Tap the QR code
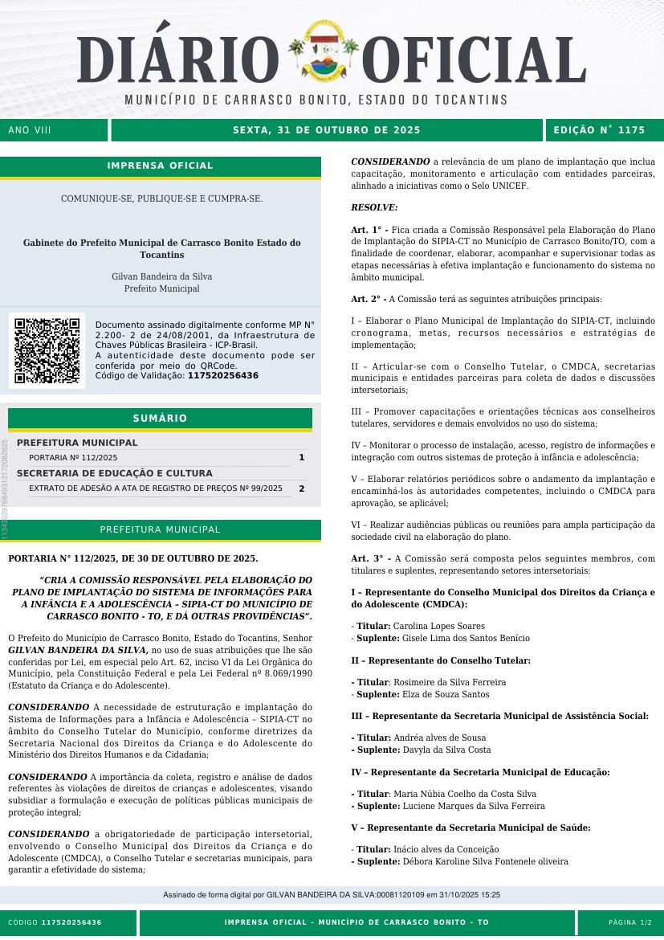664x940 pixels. [x=47, y=350]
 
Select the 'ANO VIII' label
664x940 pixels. [x=30, y=130]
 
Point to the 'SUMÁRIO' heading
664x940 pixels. [x=160, y=419]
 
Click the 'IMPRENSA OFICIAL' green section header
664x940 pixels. [x=161, y=166]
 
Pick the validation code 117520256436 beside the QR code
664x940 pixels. [x=222, y=375]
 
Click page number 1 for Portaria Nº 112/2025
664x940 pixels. [x=301, y=457]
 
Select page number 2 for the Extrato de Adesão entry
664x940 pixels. [x=301, y=488]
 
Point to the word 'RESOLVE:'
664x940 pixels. [x=374, y=207]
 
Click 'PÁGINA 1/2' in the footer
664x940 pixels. [x=630, y=922]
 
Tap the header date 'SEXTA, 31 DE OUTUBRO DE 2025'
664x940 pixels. [x=327, y=130]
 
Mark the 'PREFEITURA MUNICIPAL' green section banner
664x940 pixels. [x=160, y=530]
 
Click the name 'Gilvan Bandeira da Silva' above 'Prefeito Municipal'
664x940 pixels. [x=161, y=276]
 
